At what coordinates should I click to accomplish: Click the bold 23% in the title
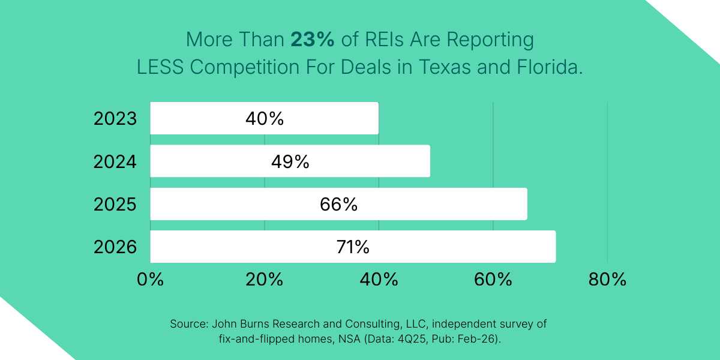(312, 40)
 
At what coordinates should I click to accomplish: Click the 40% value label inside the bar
(264, 119)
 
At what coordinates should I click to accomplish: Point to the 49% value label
(290, 161)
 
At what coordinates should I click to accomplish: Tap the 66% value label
(338, 205)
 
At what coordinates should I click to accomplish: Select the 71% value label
(353, 247)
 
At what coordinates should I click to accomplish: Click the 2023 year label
(115, 119)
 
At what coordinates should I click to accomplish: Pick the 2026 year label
(115, 247)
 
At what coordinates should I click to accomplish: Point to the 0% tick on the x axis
(150, 279)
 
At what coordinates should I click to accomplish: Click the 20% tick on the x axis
(265, 279)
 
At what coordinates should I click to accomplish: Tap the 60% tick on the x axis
(493, 279)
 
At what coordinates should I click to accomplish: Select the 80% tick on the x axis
(607, 279)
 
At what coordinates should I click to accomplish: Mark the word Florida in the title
(549, 67)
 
